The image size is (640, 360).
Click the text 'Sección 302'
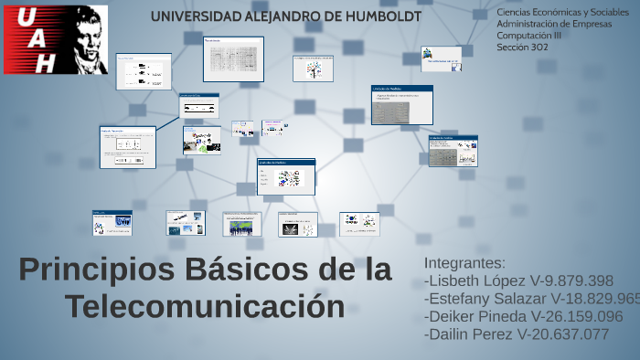click(523, 47)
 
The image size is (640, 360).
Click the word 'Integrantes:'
click(465, 263)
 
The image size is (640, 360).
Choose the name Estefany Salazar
click(485, 299)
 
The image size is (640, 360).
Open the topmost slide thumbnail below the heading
click(233, 58)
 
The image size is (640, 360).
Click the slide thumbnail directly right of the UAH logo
click(144, 71)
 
